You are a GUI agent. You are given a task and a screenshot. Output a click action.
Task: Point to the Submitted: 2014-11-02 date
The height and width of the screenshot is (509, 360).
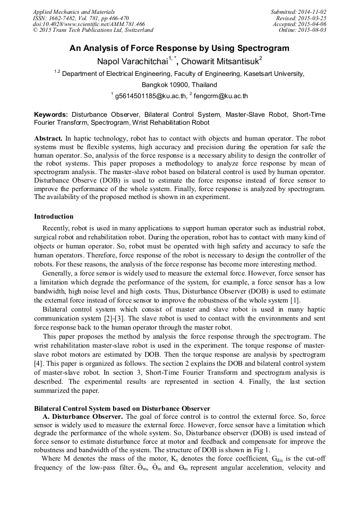[x=298, y=12]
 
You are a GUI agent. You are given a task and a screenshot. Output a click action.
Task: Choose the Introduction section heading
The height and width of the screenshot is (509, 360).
[x=54, y=217]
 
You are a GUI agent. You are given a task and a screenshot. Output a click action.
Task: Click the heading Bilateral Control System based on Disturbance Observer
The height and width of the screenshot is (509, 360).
[x=122, y=409]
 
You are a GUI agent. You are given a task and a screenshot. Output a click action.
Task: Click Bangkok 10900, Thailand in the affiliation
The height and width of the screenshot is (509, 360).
[x=179, y=85]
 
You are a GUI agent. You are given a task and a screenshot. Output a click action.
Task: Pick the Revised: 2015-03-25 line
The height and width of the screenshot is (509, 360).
[x=301, y=18]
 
